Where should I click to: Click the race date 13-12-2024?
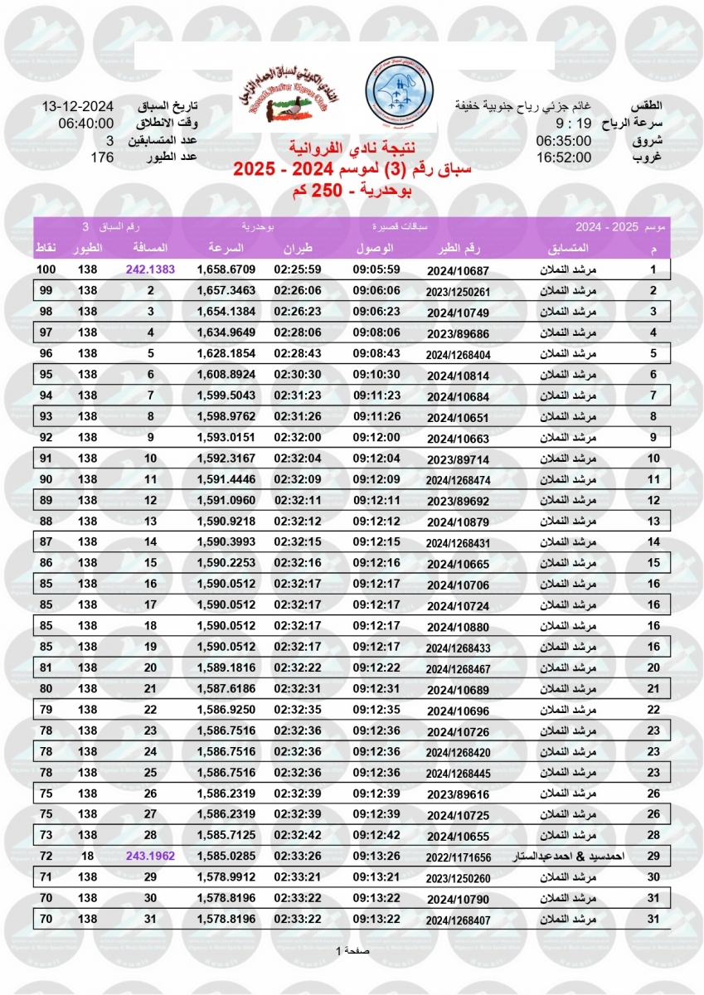pyautogui.click(x=77, y=107)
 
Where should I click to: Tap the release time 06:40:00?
pyautogui.click(x=85, y=124)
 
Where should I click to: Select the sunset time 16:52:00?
pyautogui.click(x=563, y=157)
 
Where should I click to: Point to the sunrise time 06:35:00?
pyautogui.click(x=563, y=140)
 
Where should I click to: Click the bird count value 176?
pyautogui.click(x=102, y=157)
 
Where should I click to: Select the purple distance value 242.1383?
pyautogui.click(x=151, y=269)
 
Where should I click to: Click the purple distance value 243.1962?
pyautogui.click(x=151, y=856)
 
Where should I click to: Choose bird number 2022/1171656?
pyautogui.click(x=458, y=857)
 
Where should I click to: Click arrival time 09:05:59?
pyautogui.click(x=377, y=269)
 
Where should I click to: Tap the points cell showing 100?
pyautogui.click(x=46, y=269)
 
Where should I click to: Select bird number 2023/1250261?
pyautogui.click(x=458, y=291)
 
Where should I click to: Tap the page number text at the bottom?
pyautogui.click(x=352, y=950)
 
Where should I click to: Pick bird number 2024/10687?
pyautogui.click(x=458, y=270)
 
